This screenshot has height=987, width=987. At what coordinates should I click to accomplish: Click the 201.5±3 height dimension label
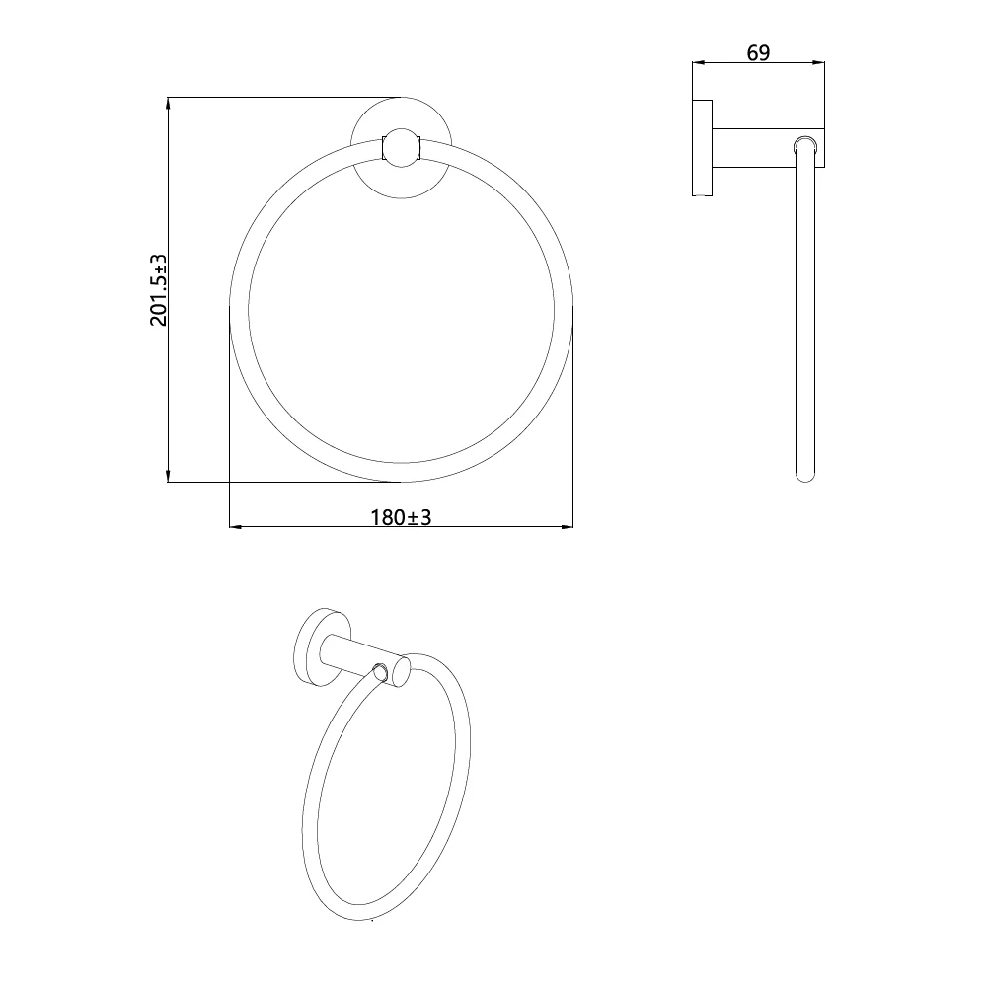pyautogui.click(x=159, y=290)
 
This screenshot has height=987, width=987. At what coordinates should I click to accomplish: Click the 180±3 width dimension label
pyautogui.click(x=401, y=517)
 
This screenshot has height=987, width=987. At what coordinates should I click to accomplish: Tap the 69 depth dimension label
pyautogui.click(x=758, y=53)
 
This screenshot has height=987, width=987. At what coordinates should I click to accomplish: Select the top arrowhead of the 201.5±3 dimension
pyautogui.click(x=168, y=104)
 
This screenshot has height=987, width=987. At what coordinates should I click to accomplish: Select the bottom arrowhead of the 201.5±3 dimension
pyautogui.click(x=168, y=476)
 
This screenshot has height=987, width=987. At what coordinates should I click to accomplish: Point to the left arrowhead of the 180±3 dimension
pyautogui.click(x=237, y=526)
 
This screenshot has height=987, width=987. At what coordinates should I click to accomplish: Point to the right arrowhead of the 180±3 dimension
pyautogui.click(x=566, y=526)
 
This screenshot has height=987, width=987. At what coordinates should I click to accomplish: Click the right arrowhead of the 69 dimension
pyautogui.click(x=817, y=62)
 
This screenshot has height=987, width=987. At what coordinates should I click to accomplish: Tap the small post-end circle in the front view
pyautogui.click(x=401, y=148)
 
